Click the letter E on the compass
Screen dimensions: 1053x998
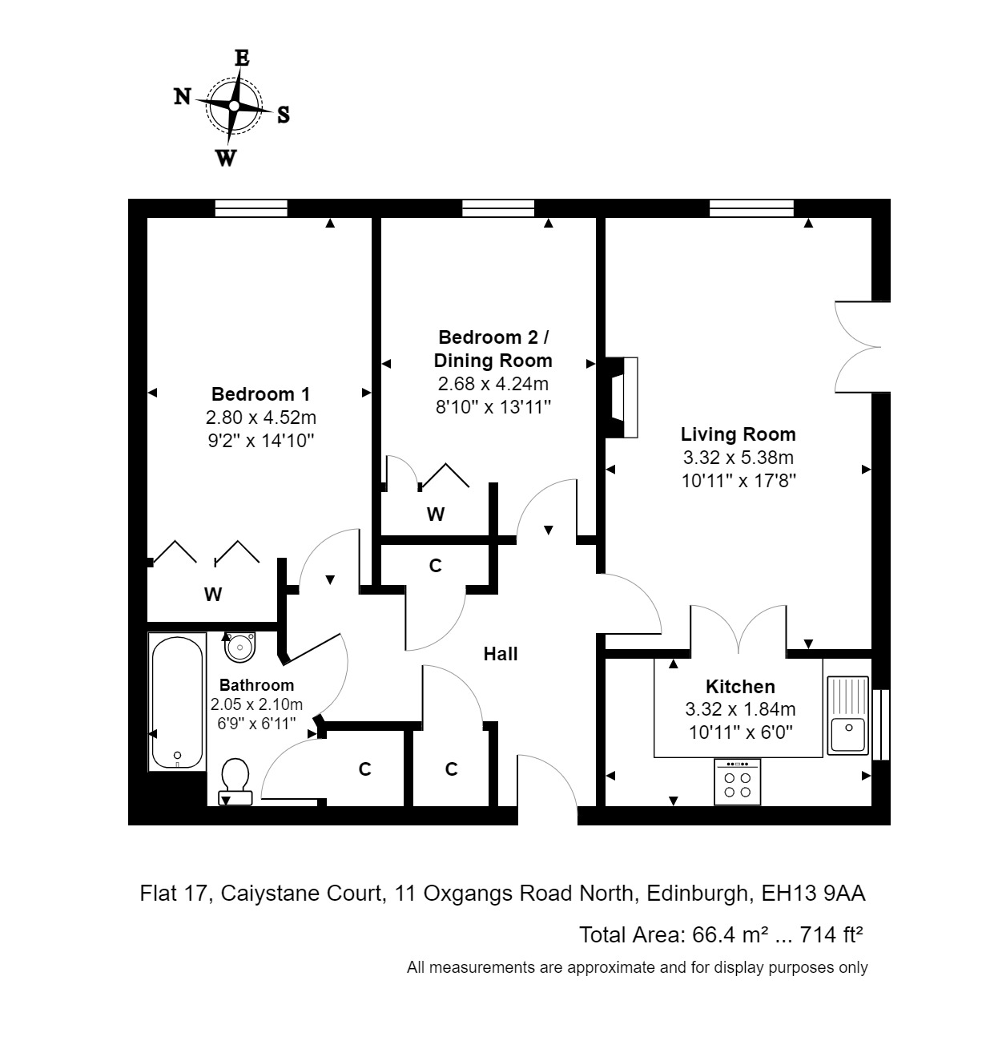[x=242, y=58]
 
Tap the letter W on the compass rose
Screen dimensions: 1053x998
[x=227, y=158]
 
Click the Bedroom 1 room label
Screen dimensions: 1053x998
[x=260, y=394]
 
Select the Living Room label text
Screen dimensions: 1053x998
[x=738, y=434]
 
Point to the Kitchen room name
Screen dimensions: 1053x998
[x=740, y=687]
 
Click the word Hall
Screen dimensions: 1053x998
[x=501, y=654]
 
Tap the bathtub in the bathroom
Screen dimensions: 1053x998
[x=177, y=702]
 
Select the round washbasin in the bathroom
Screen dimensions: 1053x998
[x=240, y=646]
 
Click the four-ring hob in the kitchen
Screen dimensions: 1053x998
[x=738, y=782]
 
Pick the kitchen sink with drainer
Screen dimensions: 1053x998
[x=847, y=716]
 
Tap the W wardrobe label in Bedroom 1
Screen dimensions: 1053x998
[x=212, y=595]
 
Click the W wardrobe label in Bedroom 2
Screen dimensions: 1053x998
[x=436, y=514]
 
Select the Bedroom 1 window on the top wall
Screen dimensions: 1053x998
[x=251, y=208]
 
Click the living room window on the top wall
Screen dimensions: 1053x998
[x=751, y=208]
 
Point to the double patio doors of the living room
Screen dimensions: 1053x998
[x=859, y=346]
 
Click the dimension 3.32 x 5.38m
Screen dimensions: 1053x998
[x=738, y=458]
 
